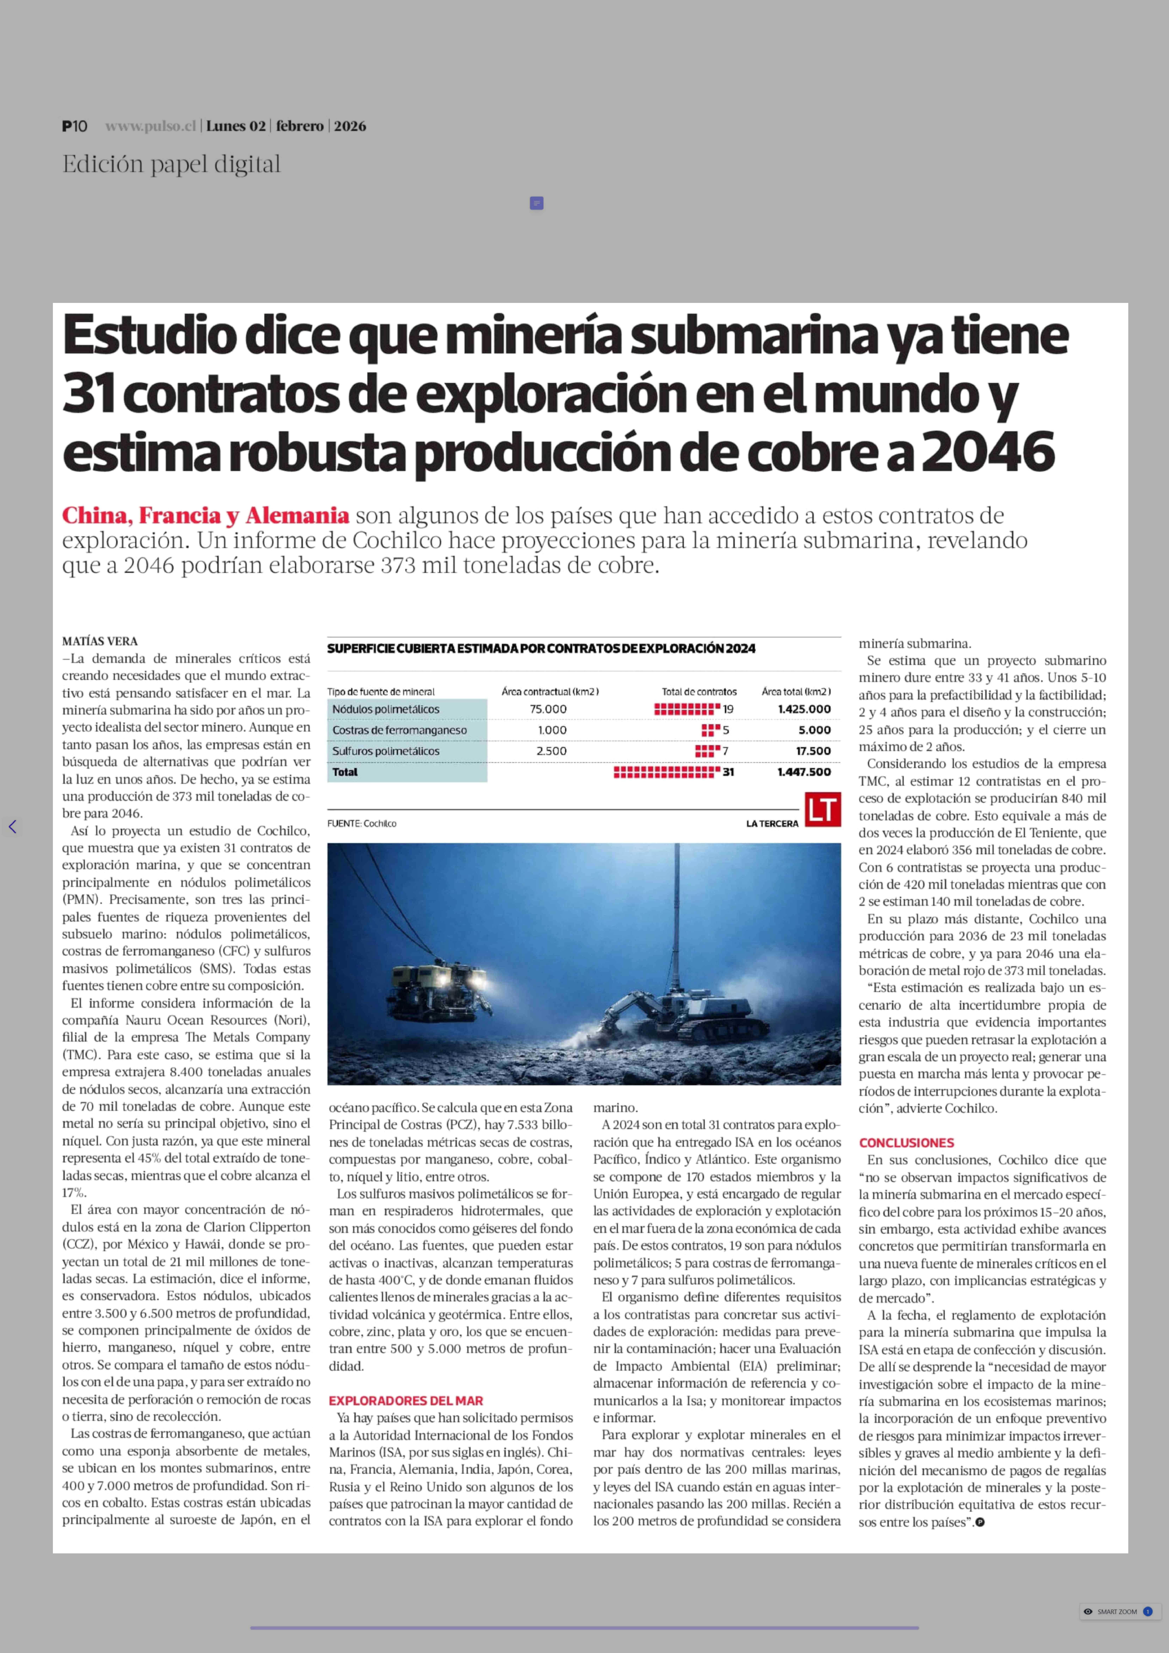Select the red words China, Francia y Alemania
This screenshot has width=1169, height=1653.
205,516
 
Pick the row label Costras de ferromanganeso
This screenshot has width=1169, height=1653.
399,730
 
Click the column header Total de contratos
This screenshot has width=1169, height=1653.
699,691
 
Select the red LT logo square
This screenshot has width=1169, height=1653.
823,809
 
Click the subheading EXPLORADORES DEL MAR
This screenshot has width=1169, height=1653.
406,1400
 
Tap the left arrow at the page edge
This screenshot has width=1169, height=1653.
12,827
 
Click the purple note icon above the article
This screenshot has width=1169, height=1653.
536,204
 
